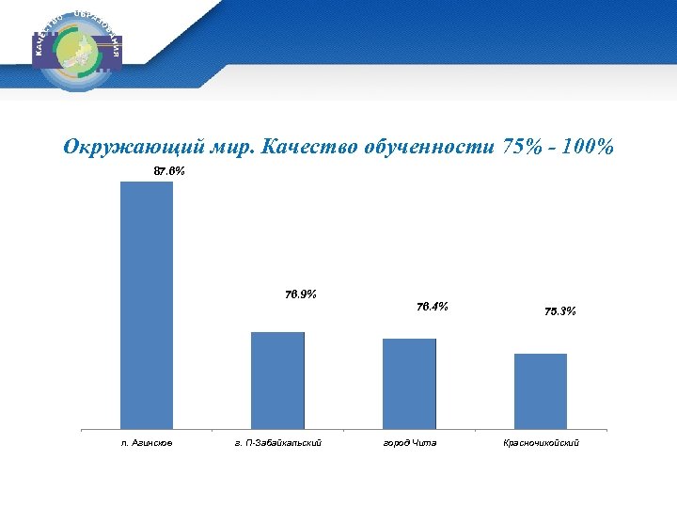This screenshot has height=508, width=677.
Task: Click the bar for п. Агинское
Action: click(146, 305)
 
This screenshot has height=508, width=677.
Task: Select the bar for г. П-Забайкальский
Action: click(277, 380)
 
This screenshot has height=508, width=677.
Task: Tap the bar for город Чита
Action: click(409, 384)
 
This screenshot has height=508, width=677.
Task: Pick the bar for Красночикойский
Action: click(541, 391)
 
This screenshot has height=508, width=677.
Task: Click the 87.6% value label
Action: click(169, 172)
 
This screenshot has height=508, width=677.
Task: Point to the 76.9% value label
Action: click(300, 294)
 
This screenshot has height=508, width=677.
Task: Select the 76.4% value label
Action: click(432, 306)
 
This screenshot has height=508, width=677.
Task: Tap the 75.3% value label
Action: click(560, 311)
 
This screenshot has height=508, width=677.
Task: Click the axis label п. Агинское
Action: click(147, 442)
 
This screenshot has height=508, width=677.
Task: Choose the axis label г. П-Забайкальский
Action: click(277, 442)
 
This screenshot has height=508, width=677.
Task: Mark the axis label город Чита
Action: click(409, 442)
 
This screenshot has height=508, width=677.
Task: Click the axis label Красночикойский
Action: click(542, 442)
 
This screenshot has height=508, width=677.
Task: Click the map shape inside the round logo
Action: click(79, 51)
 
